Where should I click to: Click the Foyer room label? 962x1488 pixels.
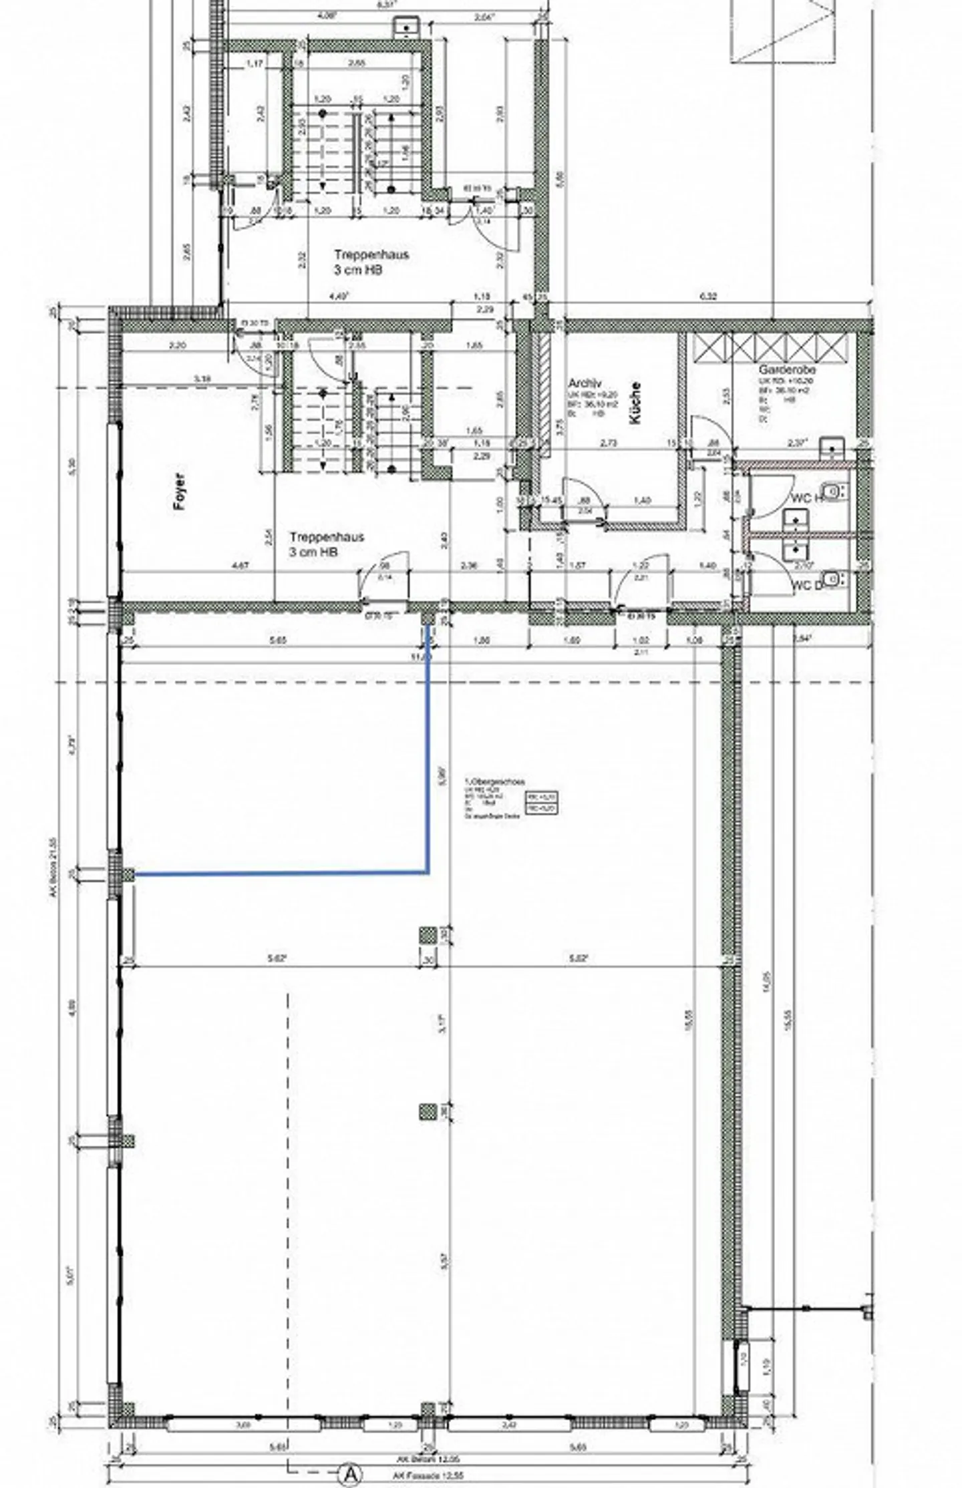179,492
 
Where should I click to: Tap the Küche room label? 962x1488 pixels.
635,403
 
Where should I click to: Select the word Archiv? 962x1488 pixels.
585,383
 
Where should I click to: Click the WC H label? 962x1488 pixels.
806,498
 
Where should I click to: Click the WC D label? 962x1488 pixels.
804,586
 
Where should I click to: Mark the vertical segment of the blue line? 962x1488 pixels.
428,748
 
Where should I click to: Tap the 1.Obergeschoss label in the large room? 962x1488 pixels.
494,781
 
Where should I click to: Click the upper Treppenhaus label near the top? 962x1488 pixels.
371,254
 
